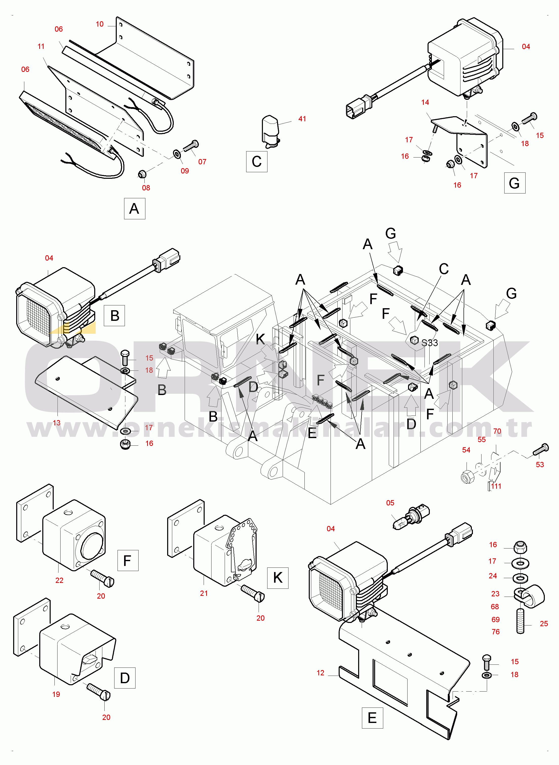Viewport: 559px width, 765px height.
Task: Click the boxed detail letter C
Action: [257, 161]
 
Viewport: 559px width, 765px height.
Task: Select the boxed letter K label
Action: [278, 578]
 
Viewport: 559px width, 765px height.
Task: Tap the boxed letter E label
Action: [372, 718]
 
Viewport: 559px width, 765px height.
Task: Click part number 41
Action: [302, 119]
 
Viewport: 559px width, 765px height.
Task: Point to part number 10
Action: [100, 24]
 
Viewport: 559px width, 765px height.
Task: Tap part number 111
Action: [496, 486]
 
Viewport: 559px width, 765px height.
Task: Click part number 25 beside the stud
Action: [544, 623]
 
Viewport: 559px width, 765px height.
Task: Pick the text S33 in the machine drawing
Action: [430, 343]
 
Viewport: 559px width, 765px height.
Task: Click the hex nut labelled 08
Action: [142, 174]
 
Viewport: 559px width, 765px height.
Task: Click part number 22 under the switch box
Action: [59, 580]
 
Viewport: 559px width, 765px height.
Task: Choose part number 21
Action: [204, 593]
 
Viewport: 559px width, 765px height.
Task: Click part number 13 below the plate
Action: [56, 423]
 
